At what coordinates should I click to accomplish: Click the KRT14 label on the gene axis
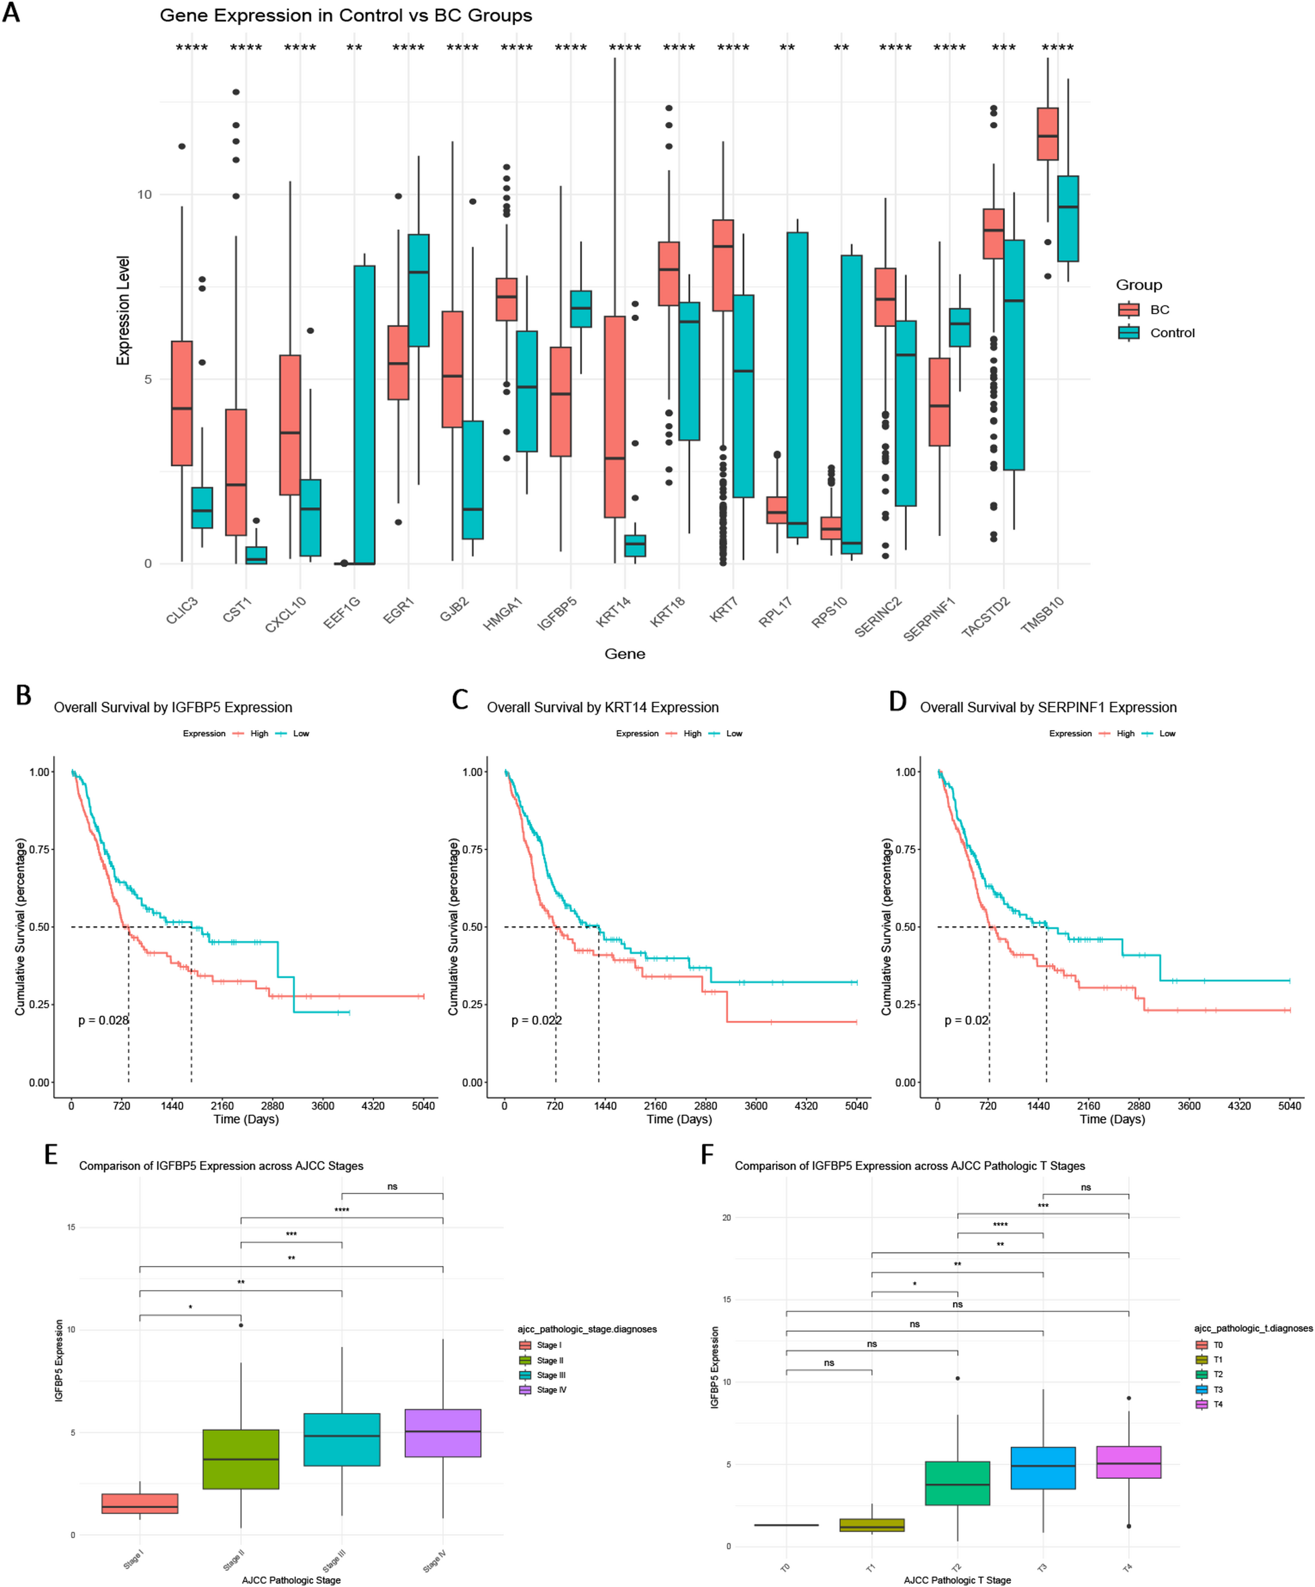click(614, 611)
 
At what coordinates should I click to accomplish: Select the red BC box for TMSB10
click(1047, 134)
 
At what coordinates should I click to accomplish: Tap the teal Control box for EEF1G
click(364, 414)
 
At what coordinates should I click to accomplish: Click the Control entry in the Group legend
click(1171, 333)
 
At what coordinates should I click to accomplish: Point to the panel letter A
click(11, 13)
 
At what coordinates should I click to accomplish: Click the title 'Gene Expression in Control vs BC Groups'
click(346, 16)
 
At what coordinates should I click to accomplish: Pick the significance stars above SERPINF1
click(948, 48)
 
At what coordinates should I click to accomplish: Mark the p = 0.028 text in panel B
click(103, 1021)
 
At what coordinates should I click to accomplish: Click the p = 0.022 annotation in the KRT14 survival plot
click(536, 1021)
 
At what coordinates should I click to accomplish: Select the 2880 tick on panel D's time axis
click(1138, 1106)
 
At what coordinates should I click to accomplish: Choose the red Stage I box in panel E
click(140, 1504)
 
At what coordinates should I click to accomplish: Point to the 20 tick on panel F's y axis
click(726, 1218)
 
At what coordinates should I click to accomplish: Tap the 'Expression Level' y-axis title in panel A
click(123, 310)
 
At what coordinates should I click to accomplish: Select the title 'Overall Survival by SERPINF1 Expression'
click(1048, 708)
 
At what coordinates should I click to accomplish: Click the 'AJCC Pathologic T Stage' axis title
click(957, 1580)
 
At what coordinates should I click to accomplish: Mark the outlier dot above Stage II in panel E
click(241, 1326)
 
